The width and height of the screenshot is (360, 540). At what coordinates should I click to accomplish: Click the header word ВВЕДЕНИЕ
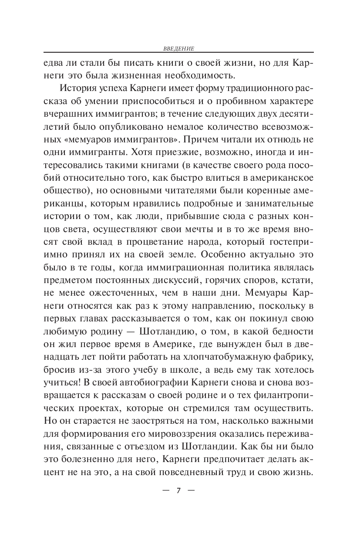pos(179,48)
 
